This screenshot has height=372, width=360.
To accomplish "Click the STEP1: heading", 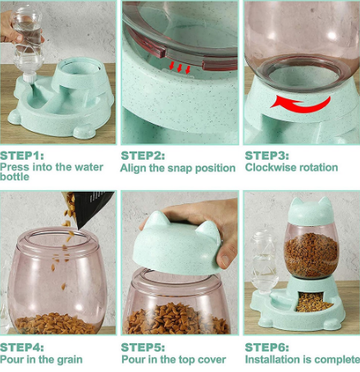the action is (x=22, y=156).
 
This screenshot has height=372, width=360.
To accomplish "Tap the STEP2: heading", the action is (x=143, y=156).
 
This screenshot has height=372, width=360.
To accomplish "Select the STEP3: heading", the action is (x=267, y=156).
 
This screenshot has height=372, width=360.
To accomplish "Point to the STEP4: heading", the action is (x=22, y=347).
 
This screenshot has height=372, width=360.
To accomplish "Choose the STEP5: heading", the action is (x=143, y=347).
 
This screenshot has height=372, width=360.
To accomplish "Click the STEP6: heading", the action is (x=267, y=347).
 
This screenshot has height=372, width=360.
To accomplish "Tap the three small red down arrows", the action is (x=180, y=67).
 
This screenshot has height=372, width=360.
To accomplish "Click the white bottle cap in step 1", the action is (x=29, y=77).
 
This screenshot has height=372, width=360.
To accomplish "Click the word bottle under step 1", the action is (x=15, y=177).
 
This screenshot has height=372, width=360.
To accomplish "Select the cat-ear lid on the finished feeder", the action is (x=312, y=211).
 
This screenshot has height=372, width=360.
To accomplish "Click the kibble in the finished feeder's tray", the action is (x=312, y=302).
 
